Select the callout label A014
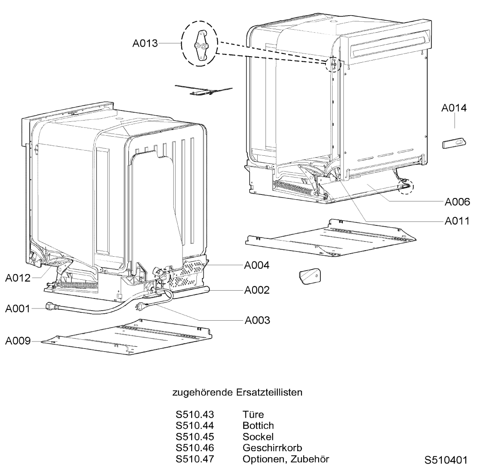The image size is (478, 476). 454,108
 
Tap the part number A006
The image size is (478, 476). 457,202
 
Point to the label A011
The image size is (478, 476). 457,221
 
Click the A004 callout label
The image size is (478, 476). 256,265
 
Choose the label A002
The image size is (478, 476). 256,290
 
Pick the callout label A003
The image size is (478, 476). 257,320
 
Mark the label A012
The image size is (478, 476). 18,278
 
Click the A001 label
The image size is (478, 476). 18,309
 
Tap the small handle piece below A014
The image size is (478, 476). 453,144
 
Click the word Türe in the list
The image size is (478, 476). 253,415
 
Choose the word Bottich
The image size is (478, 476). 258,426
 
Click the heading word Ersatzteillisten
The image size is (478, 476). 269,392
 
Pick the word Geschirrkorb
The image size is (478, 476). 272,447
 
